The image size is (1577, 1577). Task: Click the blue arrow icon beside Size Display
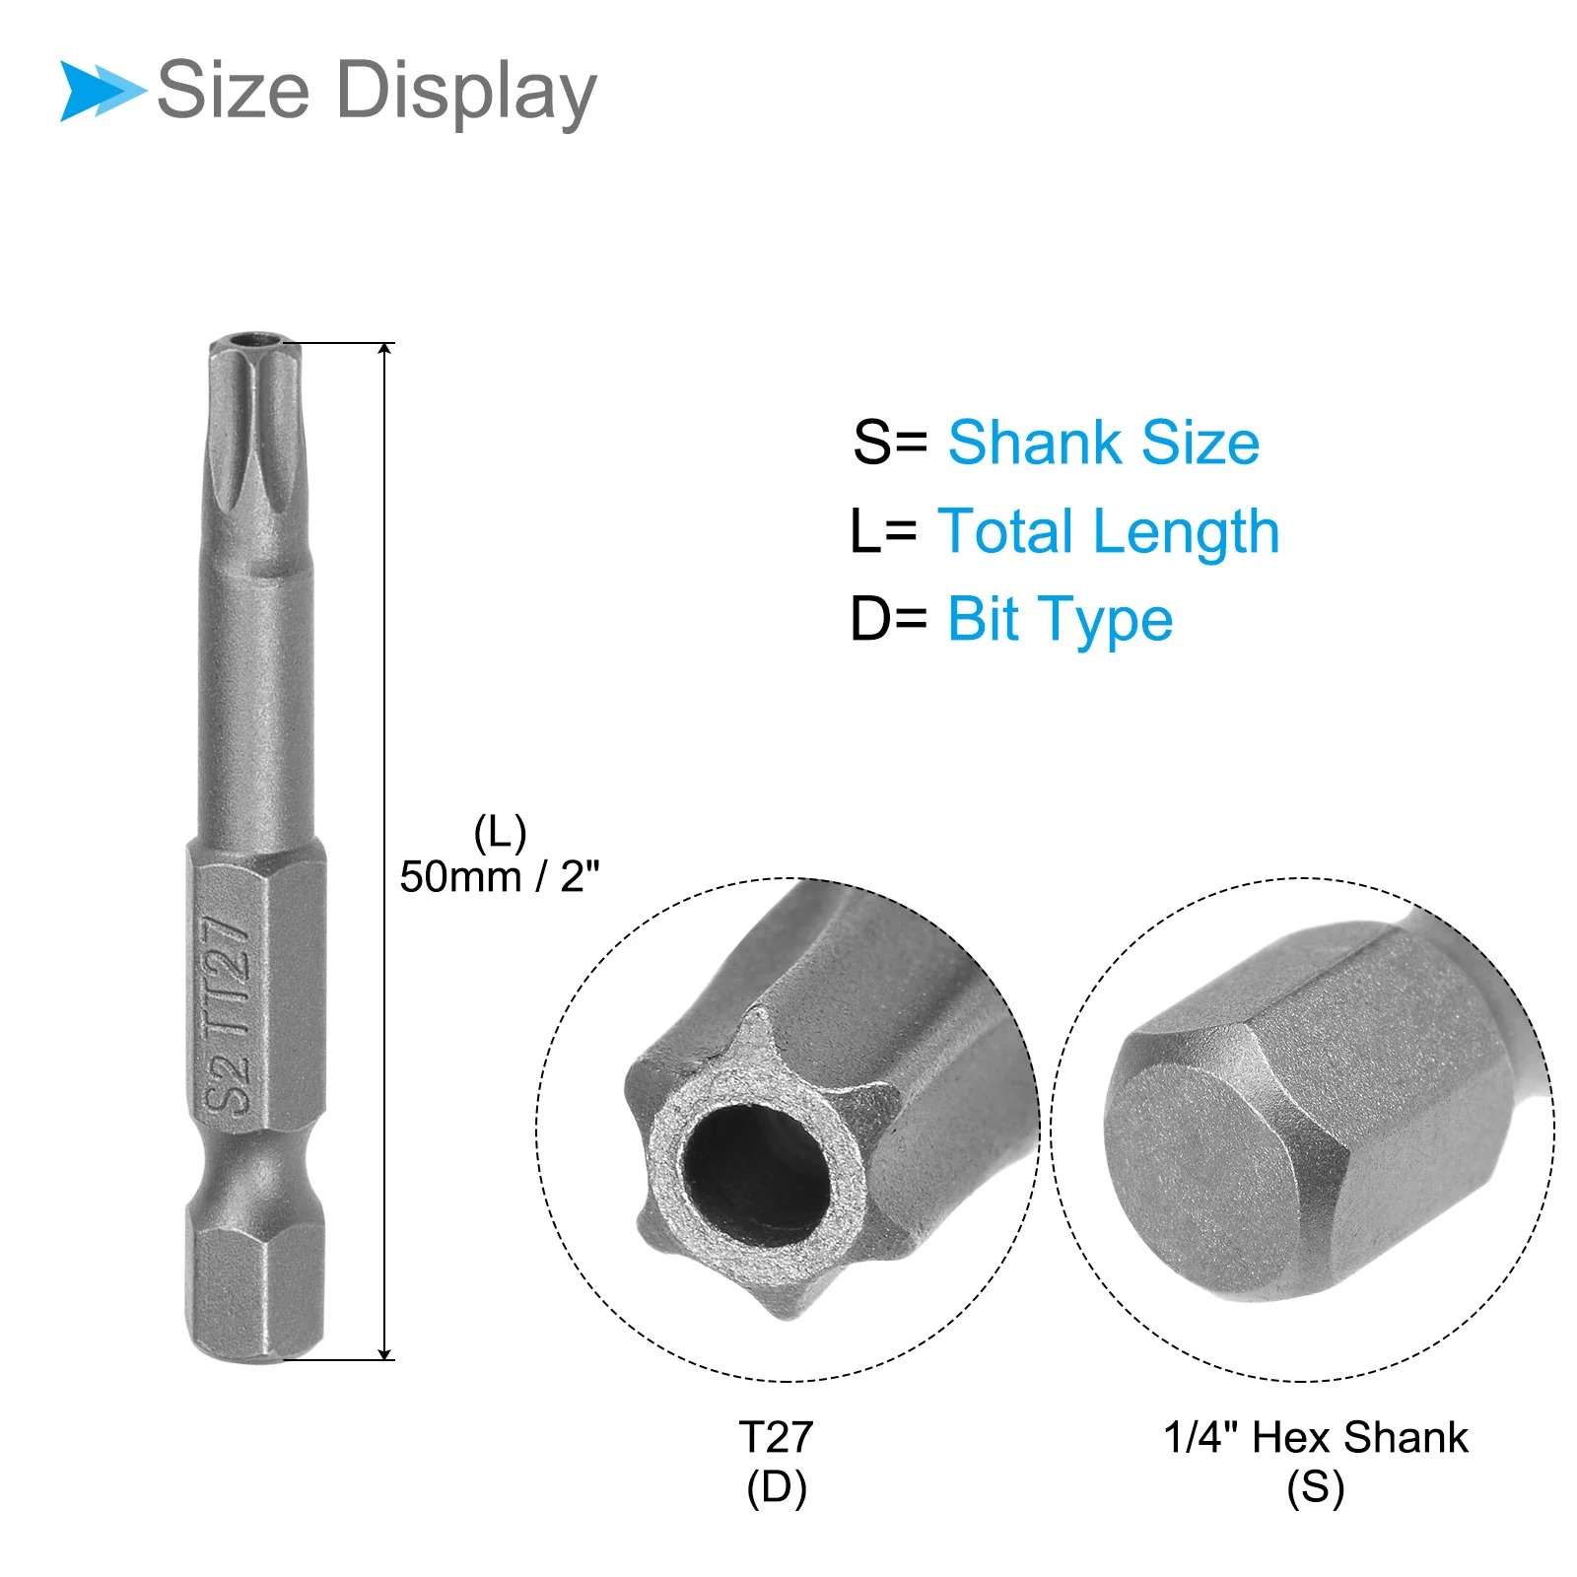click(103, 91)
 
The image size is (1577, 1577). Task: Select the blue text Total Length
click(1109, 532)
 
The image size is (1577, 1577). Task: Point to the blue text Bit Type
click(1061, 621)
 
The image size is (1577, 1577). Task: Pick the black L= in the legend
click(883, 531)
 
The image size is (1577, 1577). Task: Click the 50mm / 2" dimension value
click(500, 876)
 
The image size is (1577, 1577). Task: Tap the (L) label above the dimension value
click(500, 834)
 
